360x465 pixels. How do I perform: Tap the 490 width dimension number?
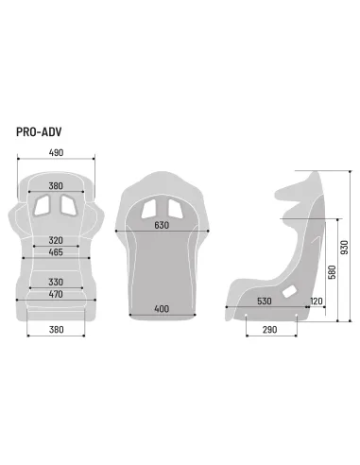coord(57,152)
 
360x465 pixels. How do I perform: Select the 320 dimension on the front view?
coord(57,240)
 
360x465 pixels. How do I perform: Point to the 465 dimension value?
coord(57,253)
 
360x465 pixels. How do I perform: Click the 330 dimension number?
coord(57,282)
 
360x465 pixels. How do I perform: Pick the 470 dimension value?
coord(57,295)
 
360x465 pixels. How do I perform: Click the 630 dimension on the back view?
coord(163,226)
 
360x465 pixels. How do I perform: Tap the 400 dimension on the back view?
coord(163,310)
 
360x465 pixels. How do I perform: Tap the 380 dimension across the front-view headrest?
coord(57,185)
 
